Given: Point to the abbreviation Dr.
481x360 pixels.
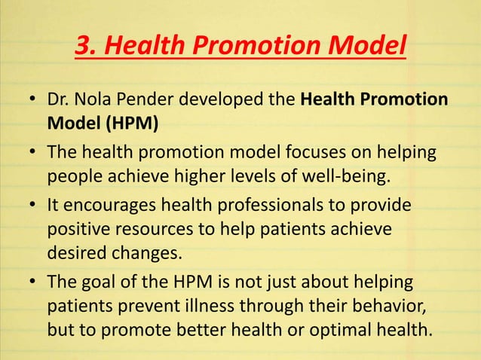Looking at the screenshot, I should pyautogui.click(x=60, y=100).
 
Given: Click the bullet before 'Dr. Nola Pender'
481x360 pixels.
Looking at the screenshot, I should pyautogui.click(x=32, y=102).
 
